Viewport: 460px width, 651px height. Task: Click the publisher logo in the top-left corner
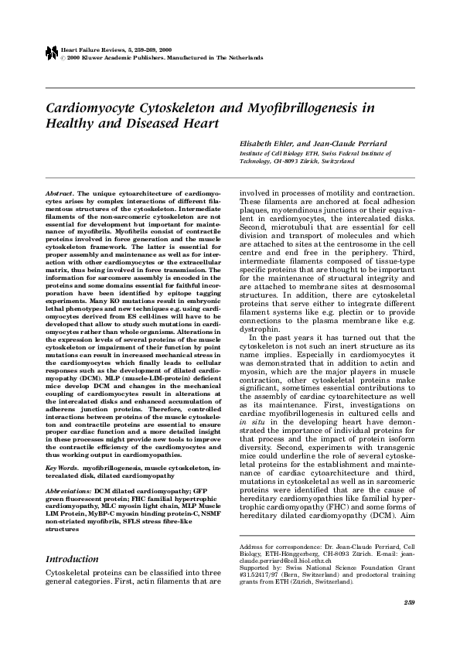coord(51,53)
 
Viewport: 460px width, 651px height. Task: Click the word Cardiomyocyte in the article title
coord(90,107)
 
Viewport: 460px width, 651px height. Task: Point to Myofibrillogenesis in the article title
coord(293,107)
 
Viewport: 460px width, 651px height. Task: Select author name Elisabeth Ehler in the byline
coord(264,143)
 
